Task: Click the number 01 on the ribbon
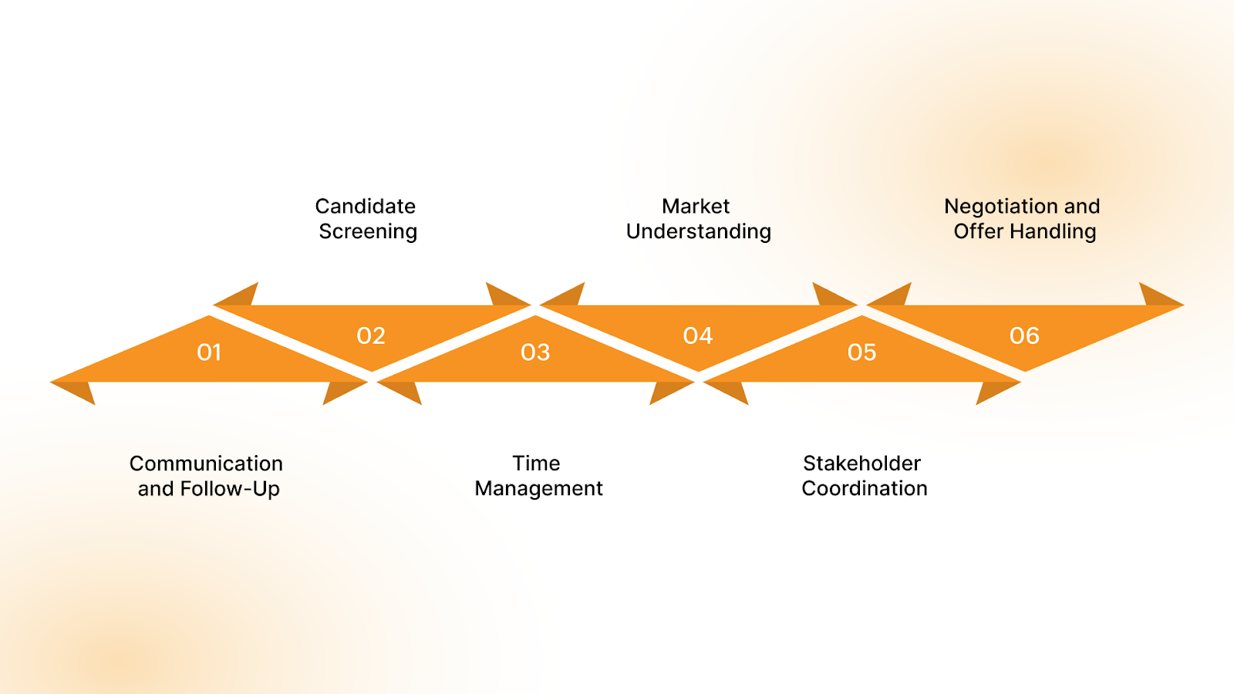209,352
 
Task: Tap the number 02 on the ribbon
371,336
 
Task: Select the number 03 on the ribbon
535,352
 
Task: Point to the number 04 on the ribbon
698,336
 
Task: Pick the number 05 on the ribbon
861,352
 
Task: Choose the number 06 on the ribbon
1024,336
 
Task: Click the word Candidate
366,207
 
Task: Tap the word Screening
368,232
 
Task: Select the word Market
696,207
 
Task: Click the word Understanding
699,232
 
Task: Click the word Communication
206,463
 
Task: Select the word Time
536,463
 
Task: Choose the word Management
539,489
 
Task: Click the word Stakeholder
862,463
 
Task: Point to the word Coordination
865,489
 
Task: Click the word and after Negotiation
1082,207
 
